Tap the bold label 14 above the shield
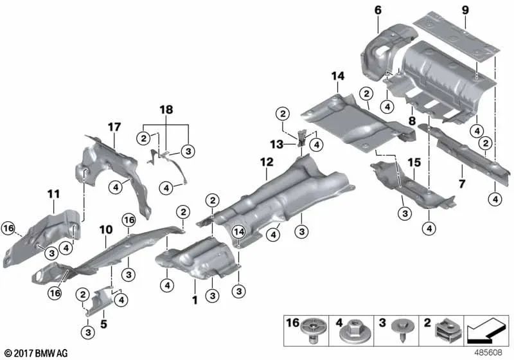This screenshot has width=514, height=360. pyautogui.click(x=338, y=76)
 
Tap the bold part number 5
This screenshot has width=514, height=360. pyautogui.click(x=103, y=316)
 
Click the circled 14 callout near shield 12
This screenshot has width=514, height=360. pyautogui.click(x=239, y=231)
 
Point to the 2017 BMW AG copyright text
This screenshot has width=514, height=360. pyautogui.click(x=35, y=352)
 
